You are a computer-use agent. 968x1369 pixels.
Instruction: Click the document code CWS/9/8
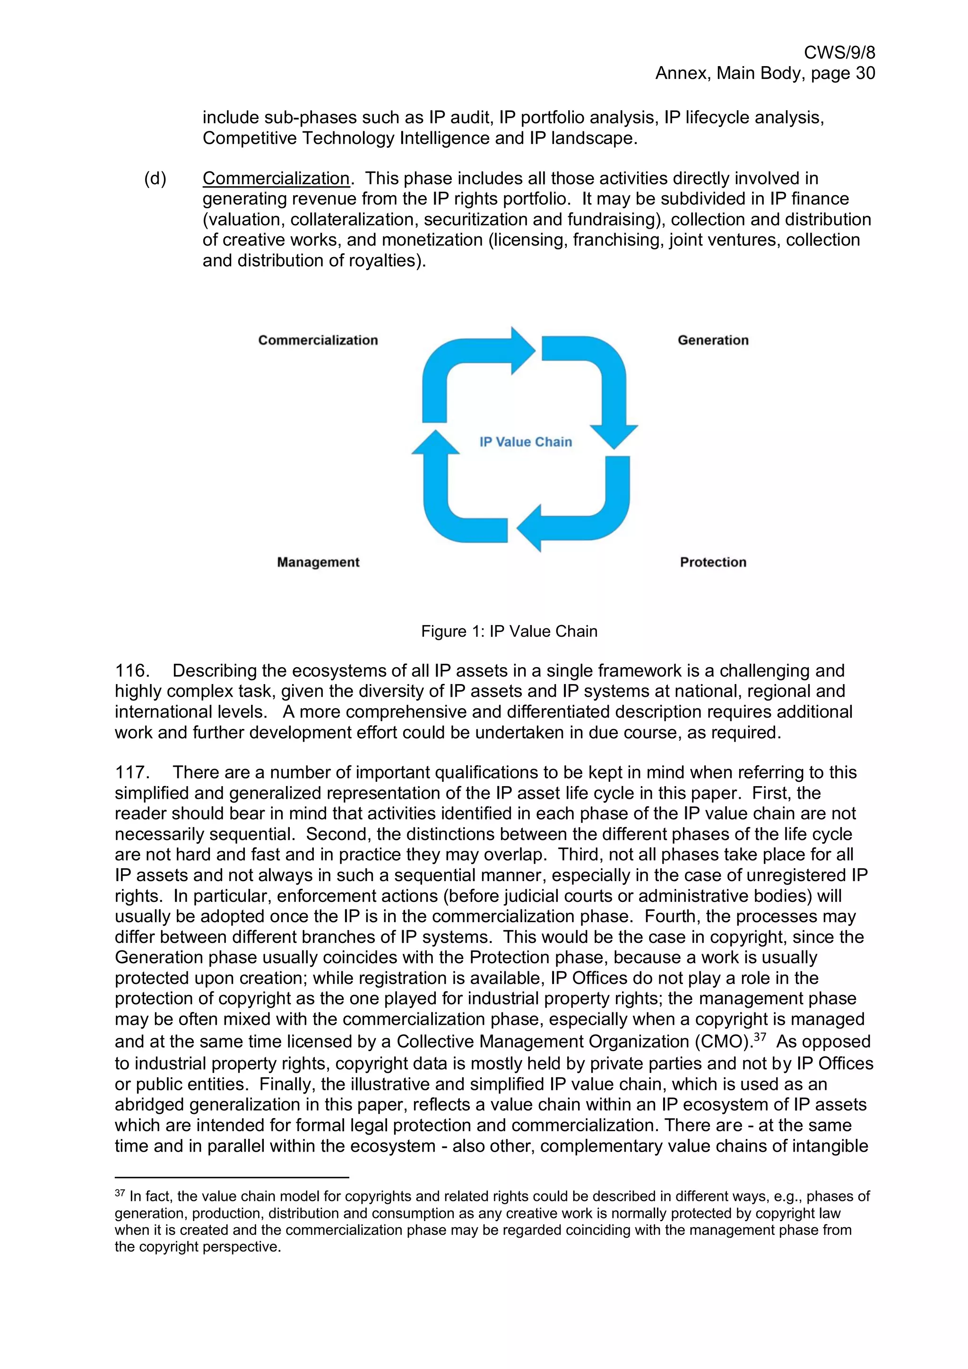click(x=839, y=52)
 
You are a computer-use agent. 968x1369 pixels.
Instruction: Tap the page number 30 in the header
click(x=864, y=73)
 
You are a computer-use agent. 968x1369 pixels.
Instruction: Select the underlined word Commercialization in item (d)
click(x=276, y=178)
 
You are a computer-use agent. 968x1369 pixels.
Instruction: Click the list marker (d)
click(x=155, y=178)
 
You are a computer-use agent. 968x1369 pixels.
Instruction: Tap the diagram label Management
click(x=318, y=562)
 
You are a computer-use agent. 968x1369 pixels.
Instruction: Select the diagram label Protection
click(x=713, y=562)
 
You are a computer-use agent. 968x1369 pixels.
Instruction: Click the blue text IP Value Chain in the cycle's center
click(x=526, y=442)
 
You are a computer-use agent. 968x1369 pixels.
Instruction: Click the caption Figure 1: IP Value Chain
click(x=509, y=632)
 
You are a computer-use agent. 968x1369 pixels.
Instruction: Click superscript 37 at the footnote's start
click(x=119, y=1194)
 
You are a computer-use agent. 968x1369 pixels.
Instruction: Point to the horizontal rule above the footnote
click(x=232, y=1178)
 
